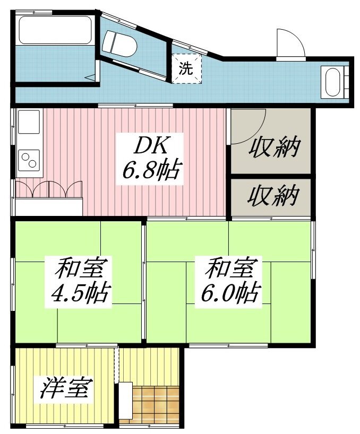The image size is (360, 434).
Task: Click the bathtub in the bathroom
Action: click(55, 30)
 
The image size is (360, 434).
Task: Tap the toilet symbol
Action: click(119, 44)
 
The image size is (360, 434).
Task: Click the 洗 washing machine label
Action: click(185, 68)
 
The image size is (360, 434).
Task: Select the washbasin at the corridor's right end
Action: click(333, 82)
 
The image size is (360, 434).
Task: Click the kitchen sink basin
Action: click(29, 122)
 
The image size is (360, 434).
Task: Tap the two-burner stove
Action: click(29, 161)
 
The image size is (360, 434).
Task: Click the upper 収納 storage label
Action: click(274, 146)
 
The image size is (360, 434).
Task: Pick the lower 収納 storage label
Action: click(273, 196)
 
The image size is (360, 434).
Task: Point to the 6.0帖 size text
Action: click(231, 292)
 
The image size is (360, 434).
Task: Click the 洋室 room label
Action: click(66, 388)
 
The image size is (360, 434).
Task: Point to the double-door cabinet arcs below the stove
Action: click(49, 189)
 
